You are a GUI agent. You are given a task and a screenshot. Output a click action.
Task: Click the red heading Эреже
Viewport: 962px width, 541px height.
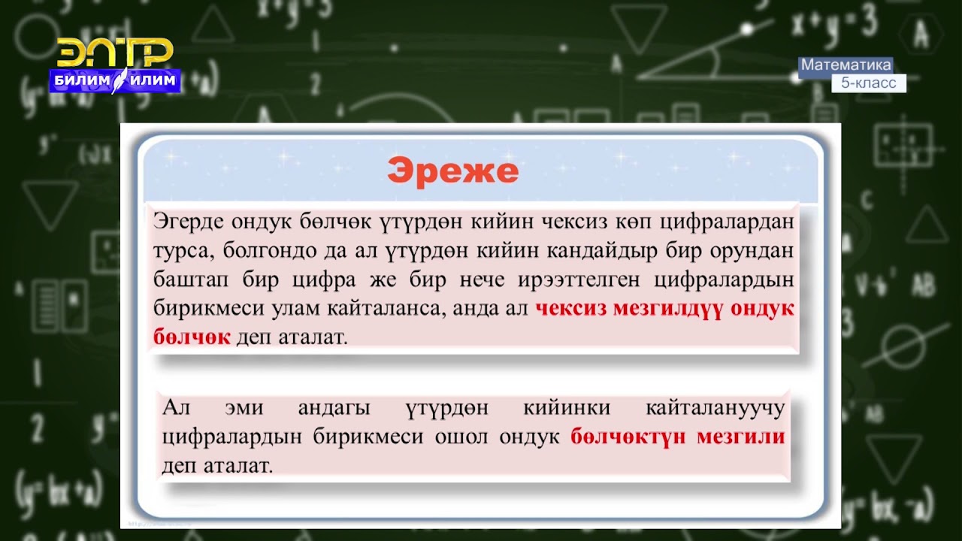coord(452,172)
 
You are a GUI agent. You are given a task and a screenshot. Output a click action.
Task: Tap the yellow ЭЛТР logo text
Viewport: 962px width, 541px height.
coord(115,53)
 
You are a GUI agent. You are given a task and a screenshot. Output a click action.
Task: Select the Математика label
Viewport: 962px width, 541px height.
coord(846,65)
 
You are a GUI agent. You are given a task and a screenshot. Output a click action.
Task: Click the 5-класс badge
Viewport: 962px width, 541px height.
coord(868,83)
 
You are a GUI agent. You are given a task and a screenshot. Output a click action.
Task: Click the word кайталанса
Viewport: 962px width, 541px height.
coord(386,309)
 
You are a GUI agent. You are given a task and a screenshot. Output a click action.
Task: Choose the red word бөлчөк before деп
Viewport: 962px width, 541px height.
coord(192,337)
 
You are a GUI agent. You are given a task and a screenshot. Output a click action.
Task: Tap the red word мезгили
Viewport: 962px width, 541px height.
coord(740,437)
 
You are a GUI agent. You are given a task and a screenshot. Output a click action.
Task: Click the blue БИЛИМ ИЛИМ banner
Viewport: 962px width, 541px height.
coord(115,80)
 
